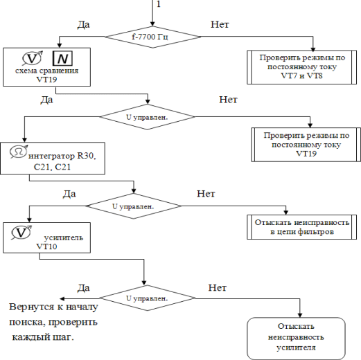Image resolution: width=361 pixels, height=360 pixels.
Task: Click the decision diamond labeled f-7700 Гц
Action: click(x=152, y=37)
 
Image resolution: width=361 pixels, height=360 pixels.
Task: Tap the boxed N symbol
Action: click(x=62, y=58)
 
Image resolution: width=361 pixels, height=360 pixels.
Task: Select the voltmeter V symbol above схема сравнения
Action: click(x=33, y=58)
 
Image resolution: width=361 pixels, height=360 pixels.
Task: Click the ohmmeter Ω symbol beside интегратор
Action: click(x=19, y=152)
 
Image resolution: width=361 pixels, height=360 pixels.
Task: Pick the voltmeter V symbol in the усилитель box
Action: click(x=21, y=233)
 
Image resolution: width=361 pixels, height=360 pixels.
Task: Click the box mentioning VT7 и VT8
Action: click(x=301, y=67)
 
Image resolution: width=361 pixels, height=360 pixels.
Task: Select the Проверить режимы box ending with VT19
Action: click(x=306, y=145)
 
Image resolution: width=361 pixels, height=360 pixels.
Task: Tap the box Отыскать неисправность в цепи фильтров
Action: click(x=301, y=227)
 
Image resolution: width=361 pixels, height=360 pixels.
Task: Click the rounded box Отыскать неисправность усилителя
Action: click(x=296, y=339)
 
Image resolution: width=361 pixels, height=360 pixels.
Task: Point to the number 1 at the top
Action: click(x=159, y=4)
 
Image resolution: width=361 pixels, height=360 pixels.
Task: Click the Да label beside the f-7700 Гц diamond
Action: click(x=83, y=24)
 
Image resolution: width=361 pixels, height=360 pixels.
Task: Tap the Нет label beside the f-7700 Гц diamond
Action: click(x=220, y=24)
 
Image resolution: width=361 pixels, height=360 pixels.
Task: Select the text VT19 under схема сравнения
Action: click(x=46, y=80)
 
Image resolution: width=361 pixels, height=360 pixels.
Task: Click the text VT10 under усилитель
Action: click(x=46, y=246)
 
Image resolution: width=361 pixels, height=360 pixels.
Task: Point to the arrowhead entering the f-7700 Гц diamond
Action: click(x=152, y=24)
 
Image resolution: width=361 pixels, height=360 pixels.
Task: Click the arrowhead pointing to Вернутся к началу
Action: click(x=62, y=298)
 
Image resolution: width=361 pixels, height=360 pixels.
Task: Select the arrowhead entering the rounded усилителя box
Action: click(x=300, y=315)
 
